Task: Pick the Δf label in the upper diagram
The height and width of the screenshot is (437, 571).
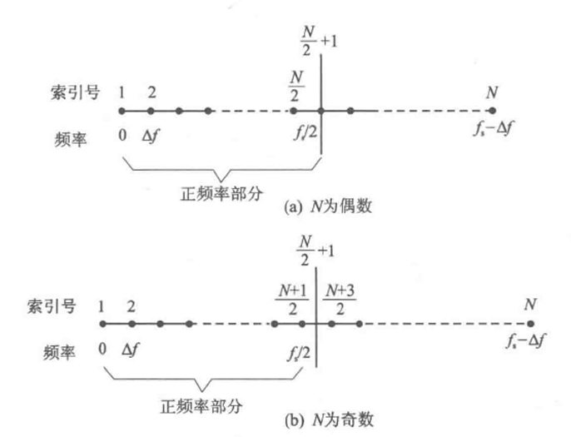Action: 151,132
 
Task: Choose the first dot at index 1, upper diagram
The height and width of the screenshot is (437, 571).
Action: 122,111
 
